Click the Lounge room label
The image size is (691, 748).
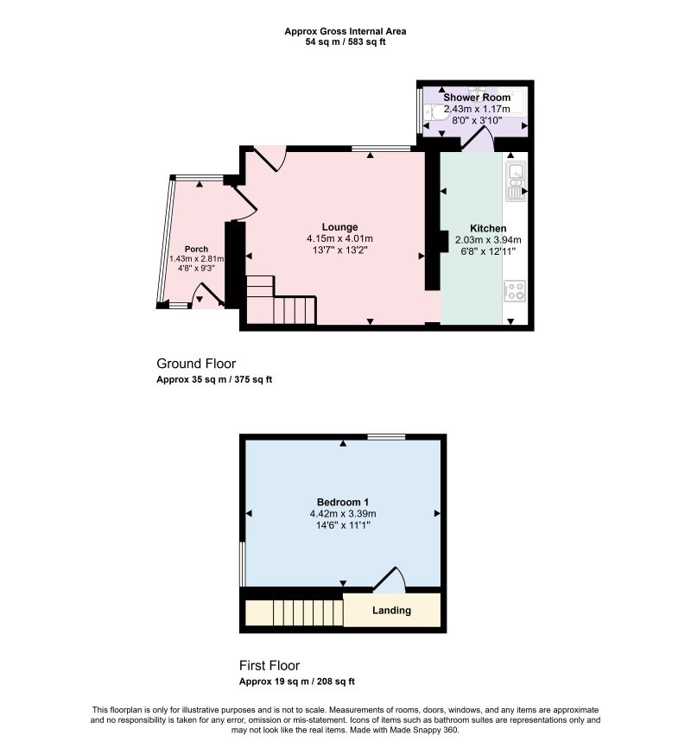339,227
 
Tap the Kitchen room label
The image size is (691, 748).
488,228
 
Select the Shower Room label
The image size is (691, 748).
477,98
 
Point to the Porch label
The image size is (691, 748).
196,249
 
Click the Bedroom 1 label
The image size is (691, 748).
343,502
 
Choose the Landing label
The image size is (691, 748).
391,610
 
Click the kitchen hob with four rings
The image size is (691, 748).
515,290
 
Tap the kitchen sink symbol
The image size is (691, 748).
516,181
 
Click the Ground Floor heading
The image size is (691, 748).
196,364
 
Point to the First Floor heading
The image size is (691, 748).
269,665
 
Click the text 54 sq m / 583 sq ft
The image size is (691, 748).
345,42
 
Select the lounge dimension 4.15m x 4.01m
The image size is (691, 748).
339,238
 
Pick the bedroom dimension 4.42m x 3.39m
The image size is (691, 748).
343,514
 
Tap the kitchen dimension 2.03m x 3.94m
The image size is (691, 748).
488,240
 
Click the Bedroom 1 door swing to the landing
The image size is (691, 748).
389,579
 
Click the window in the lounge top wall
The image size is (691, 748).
381,149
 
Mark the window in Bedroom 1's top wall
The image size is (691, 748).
386,437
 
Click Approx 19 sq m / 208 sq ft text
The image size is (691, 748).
297,681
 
